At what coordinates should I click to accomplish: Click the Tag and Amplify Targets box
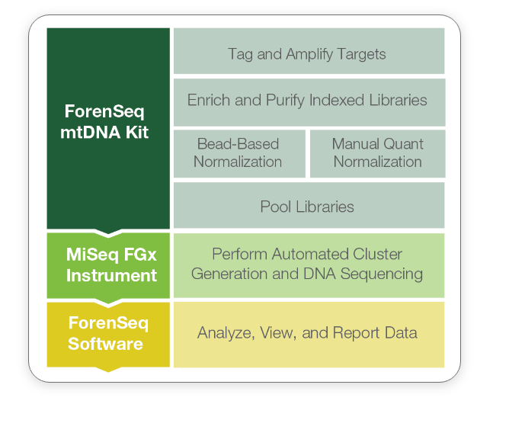tap(309, 51)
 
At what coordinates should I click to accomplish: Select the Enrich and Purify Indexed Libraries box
tap(309, 102)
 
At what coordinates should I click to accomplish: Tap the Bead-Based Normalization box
tap(239, 154)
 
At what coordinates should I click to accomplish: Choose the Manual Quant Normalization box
tap(378, 154)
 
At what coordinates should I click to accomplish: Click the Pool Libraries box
tap(309, 205)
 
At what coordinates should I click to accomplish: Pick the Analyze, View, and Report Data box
tap(309, 335)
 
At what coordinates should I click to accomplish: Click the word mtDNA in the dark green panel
tap(91, 133)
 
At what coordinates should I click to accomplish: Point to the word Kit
tap(137, 133)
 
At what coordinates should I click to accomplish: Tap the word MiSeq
tap(92, 255)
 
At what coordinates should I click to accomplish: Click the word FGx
tap(140, 255)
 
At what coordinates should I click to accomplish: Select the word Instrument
tap(111, 276)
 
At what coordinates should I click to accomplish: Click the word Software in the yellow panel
tap(105, 344)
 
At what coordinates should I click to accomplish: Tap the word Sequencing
tap(382, 274)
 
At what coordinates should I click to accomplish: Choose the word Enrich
tap(209, 100)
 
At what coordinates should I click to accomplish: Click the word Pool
tap(276, 207)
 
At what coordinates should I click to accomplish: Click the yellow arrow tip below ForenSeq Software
tap(108, 371)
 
